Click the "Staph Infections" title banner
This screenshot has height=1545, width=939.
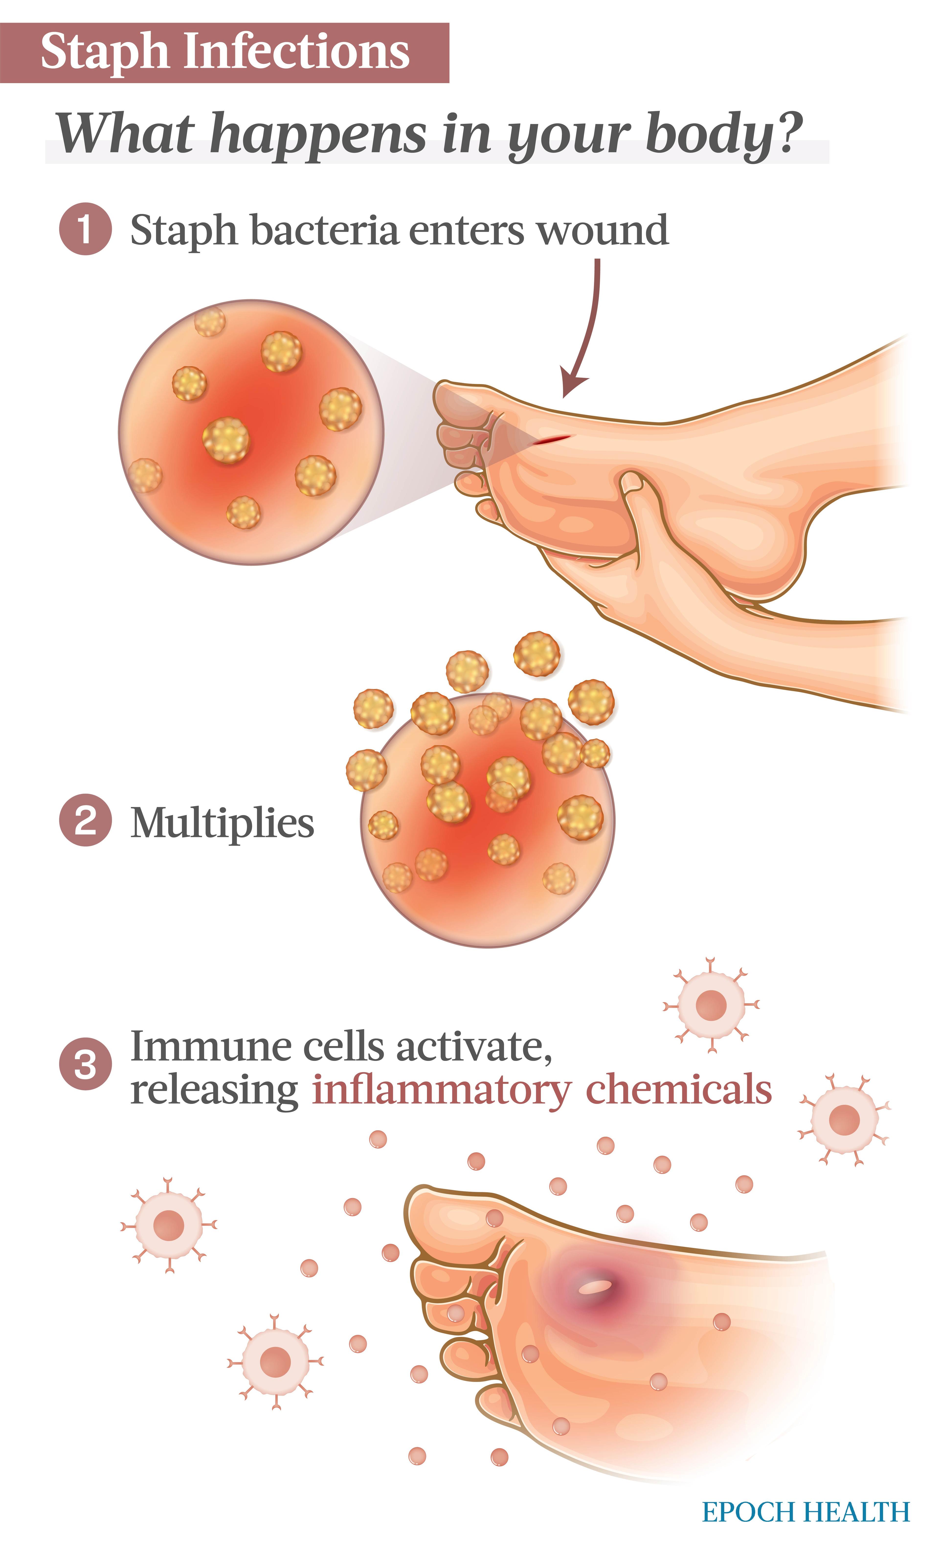(x=224, y=53)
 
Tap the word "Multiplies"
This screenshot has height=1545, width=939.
(x=222, y=823)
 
